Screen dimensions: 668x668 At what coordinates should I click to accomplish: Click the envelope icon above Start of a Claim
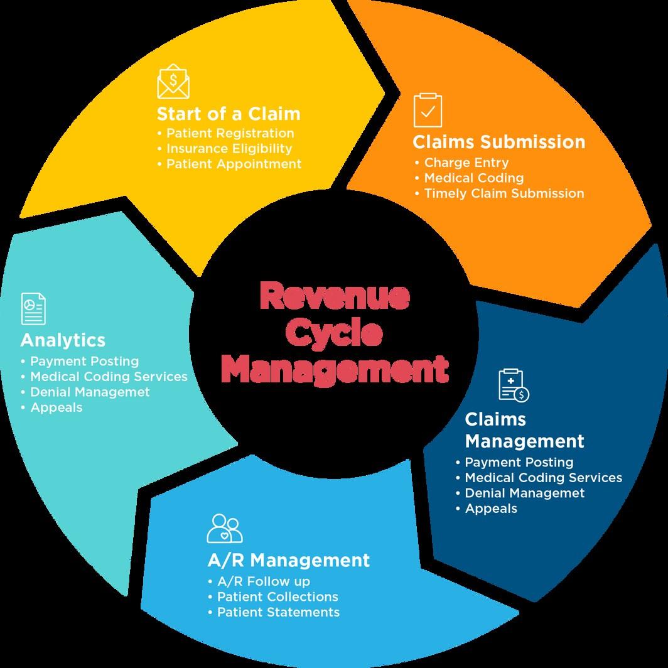click(173, 84)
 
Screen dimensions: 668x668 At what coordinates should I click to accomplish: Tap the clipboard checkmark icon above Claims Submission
click(428, 110)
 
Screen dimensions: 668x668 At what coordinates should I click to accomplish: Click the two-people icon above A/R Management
click(225, 528)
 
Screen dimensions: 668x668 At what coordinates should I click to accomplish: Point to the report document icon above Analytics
click(33, 308)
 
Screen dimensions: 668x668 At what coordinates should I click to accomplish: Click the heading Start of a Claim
click(229, 114)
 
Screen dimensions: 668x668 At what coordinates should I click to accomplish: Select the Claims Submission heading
click(498, 142)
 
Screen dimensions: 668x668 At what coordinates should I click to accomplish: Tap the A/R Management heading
click(288, 559)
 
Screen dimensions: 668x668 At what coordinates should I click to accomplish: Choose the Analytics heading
click(63, 340)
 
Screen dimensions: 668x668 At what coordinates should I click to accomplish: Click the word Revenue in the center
click(334, 296)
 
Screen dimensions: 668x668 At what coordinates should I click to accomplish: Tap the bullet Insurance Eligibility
click(229, 149)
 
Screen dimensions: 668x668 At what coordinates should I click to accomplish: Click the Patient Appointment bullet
click(234, 164)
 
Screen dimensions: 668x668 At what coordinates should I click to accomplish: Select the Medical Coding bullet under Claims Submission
click(473, 178)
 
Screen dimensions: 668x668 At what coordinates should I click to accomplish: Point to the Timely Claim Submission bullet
click(504, 193)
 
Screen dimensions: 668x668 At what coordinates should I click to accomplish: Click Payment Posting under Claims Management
click(519, 463)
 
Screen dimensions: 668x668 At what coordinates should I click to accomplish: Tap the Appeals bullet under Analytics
click(56, 407)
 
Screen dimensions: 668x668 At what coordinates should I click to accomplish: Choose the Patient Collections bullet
click(277, 596)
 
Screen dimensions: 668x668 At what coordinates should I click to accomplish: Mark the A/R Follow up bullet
click(263, 581)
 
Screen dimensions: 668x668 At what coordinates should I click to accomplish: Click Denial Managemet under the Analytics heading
click(90, 392)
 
